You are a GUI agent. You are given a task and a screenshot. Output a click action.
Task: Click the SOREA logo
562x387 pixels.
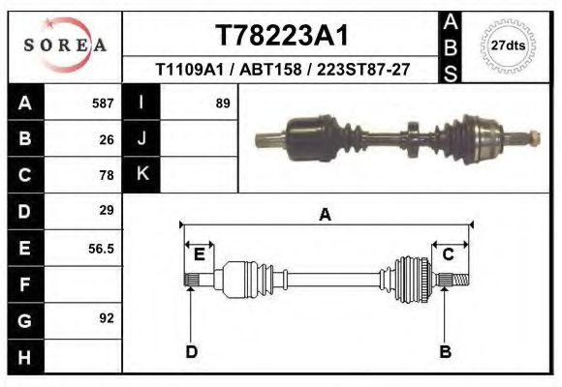[65, 45]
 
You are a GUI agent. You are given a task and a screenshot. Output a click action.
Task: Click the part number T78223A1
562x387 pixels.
[281, 36]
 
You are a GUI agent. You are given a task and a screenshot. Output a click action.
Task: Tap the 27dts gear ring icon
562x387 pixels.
[509, 45]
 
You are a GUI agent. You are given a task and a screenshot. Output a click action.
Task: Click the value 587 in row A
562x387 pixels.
[103, 103]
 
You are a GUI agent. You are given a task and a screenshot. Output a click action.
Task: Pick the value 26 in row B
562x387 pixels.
[107, 138]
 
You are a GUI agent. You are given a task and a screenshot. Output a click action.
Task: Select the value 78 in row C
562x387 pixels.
[107, 175]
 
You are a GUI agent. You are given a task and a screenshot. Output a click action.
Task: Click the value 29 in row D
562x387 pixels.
[107, 210]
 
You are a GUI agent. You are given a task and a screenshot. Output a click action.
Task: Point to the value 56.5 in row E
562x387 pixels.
[102, 248]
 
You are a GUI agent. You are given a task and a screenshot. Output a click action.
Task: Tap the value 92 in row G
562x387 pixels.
[107, 317]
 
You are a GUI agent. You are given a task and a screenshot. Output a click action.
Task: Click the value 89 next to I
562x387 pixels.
[222, 103]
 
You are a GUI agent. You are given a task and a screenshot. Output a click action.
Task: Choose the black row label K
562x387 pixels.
[141, 174]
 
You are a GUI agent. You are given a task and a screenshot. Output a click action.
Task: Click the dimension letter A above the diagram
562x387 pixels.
[325, 215]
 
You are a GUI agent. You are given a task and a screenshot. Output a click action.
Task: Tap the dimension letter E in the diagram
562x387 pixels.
[199, 254]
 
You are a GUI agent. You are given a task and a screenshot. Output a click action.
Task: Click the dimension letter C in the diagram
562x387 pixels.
[449, 254]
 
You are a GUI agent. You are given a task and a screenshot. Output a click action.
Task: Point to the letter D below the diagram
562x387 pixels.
[191, 351]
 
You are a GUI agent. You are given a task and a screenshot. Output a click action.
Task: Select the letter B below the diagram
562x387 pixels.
[446, 351]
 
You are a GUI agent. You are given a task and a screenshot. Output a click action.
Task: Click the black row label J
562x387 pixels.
[141, 138]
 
